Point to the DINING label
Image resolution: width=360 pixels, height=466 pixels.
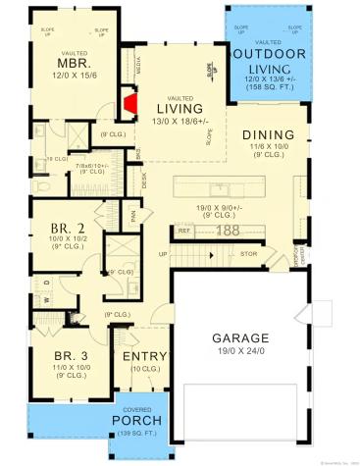coord(268,134)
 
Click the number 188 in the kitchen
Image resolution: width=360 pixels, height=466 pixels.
coord(229,231)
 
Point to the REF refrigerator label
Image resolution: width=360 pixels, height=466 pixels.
coord(183,232)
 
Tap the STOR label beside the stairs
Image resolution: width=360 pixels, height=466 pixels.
coord(247,253)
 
